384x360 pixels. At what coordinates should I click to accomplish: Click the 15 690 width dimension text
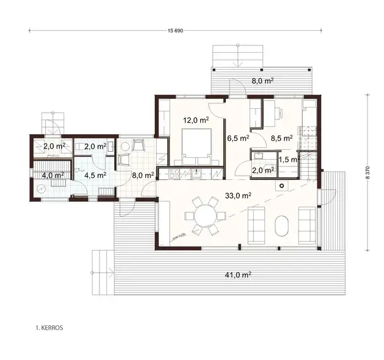pos(176,31)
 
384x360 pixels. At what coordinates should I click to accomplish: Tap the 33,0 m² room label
pos(238,196)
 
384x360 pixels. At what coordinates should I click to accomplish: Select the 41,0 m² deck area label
pos(239,274)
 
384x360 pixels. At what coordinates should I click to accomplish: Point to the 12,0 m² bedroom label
pos(196,120)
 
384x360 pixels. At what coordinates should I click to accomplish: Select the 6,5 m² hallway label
pos(237,137)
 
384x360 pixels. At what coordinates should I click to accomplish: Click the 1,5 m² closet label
pos(288,160)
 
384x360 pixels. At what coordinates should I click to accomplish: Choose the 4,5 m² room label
pos(95,176)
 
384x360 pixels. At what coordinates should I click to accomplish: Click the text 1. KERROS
pos(49,327)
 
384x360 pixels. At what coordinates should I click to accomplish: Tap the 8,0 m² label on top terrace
pos(262,81)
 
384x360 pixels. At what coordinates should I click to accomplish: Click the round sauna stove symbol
pos(42,188)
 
